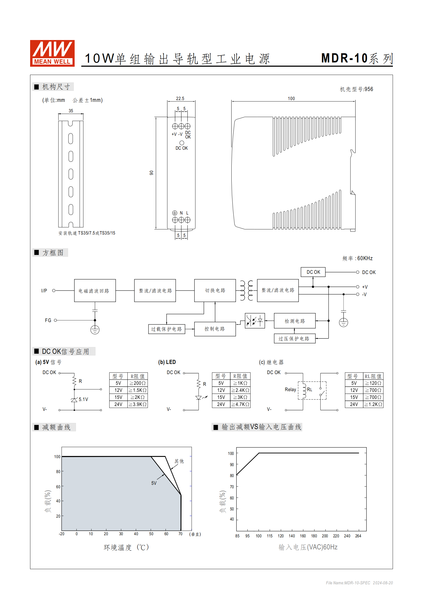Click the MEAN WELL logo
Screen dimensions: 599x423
pos(52,53)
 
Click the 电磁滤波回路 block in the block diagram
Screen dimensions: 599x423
pos(95,291)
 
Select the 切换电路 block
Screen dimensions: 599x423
pos(215,290)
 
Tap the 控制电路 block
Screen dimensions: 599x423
pos(215,329)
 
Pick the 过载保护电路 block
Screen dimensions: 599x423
pos(167,329)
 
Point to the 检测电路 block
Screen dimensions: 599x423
pos(295,321)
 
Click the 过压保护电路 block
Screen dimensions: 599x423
pos(295,339)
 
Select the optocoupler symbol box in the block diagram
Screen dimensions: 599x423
pos(255,320)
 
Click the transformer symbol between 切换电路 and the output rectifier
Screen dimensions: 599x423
pos(247,290)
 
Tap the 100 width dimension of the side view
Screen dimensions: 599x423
pos(291,98)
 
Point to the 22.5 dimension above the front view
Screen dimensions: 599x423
pos(180,98)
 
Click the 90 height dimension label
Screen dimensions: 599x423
pos(151,173)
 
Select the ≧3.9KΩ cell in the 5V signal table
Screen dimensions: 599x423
pos(138,404)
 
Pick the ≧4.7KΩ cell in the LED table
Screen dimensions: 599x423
pos(240,404)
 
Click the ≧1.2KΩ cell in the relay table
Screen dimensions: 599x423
pos(373,404)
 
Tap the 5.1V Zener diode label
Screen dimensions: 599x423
pos(83,399)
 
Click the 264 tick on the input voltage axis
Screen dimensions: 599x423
pos(358,536)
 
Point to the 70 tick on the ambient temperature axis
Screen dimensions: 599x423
pos(180,534)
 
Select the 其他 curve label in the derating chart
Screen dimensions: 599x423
pos(179,461)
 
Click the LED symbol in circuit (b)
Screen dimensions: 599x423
pos(199,398)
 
